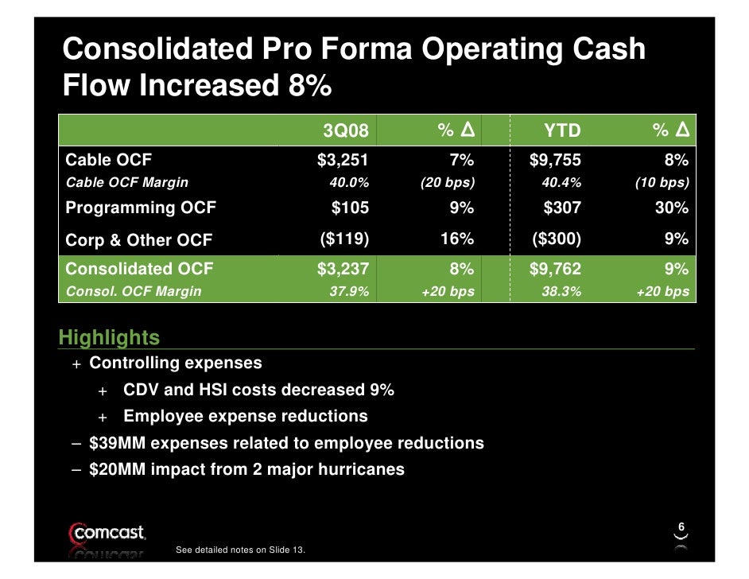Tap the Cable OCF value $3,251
pyautogui.click(x=343, y=161)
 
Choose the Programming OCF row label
pyautogui.click(x=141, y=208)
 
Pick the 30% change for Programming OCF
pyautogui.click(x=672, y=208)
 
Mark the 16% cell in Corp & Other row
pyautogui.click(x=457, y=239)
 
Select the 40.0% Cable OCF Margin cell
pyautogui.click(x=349, y=182)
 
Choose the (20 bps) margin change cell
pyautogui.click(x=447, y=182)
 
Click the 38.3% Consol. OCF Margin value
pyautogui.click(x=561, y=292)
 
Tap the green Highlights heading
pyautogui.click(x=109, y=338)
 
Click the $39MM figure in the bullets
pyautogui.click(x=118, y=443)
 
